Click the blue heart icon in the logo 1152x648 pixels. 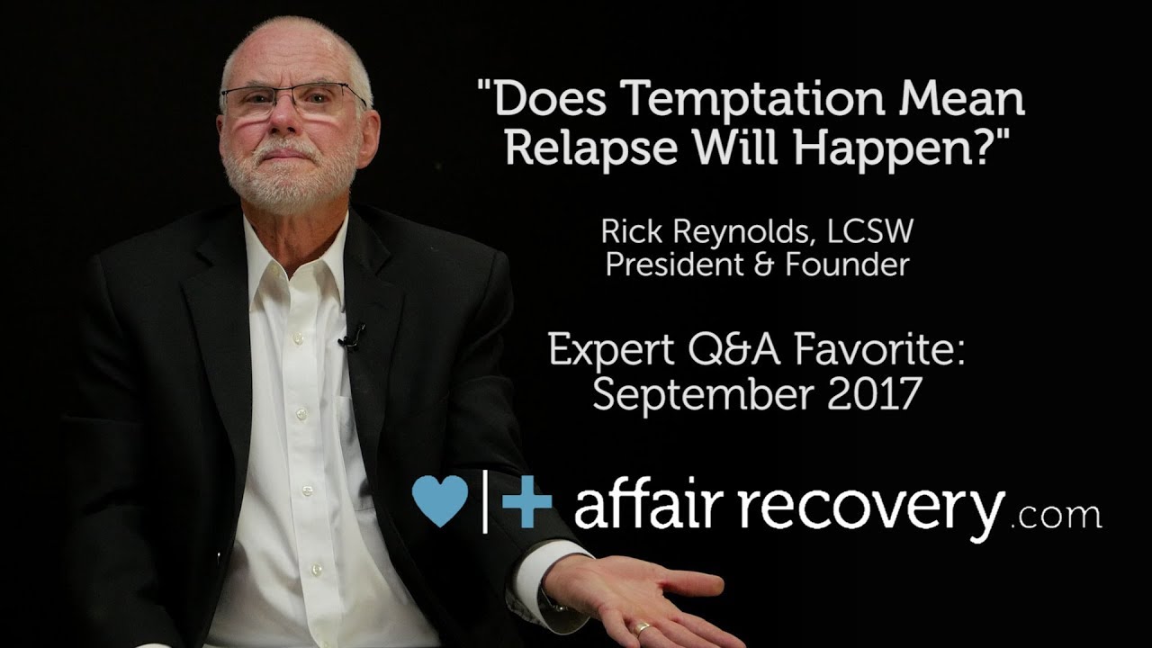tap(440, 500)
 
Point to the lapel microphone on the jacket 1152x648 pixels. tap(351, 338)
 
